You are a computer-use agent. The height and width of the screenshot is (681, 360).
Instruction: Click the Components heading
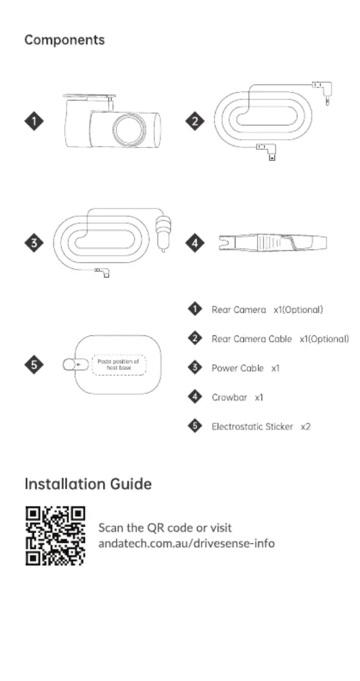[64, 41]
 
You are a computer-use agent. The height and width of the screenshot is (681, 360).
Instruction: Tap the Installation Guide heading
[88, 484]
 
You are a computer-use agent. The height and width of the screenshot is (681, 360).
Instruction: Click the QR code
[55, 536]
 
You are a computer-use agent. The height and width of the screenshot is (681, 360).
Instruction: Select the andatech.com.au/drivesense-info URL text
[187, 543]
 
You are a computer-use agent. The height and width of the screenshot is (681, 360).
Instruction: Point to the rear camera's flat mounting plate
[89, 96]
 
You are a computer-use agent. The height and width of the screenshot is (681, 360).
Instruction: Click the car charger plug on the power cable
[164, 230]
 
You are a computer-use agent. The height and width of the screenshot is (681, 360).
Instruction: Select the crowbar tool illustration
[272, 243]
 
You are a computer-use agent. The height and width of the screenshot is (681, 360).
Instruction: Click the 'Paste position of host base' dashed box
[118, 365]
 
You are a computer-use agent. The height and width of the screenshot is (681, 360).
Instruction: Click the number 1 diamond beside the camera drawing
[34, 121]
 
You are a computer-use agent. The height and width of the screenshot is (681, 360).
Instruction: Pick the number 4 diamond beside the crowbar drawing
[194, 243]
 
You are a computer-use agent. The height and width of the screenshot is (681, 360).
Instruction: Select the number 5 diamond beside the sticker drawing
[34, 365]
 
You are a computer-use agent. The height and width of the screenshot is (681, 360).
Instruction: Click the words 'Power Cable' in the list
[238, 368]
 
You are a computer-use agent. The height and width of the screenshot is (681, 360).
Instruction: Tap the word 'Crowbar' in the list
[229, 397]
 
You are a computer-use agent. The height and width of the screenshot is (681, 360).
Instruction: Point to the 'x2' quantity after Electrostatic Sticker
[306, 427]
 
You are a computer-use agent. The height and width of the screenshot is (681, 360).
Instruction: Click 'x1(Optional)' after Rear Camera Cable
[324, 339]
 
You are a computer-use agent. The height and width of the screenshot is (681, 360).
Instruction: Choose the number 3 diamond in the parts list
[194, 368]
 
